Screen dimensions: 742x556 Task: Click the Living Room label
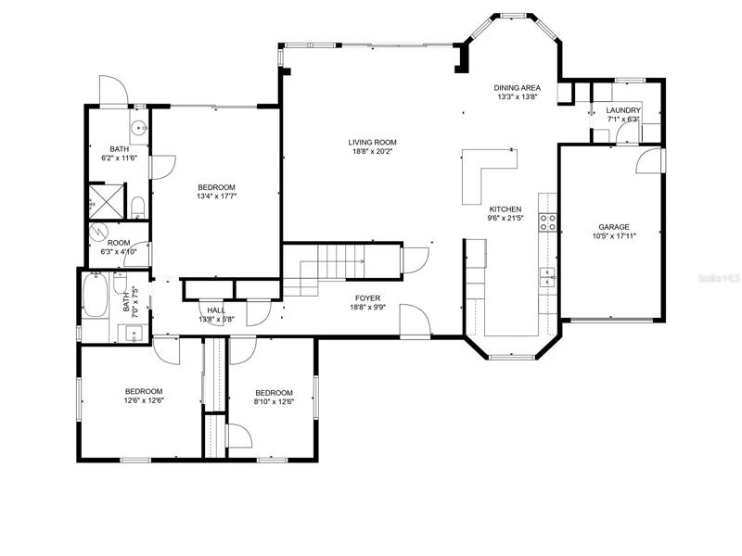click(373, 143)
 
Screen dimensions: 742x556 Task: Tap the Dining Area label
click(518, 88)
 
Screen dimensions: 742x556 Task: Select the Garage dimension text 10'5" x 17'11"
click(614, 236)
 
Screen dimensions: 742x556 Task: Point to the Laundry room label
click(623, 110)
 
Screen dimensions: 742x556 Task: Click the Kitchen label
click(505, 209)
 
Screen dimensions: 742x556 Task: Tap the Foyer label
click(367, 298)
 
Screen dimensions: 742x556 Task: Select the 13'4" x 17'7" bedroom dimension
click(216, 196)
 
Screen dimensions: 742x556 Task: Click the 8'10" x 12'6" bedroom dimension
click(274, 402)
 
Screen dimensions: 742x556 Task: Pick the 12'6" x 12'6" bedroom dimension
click(144, 400)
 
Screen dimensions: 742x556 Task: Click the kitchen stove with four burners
click(548, 222)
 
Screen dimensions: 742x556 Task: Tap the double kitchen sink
click(548, 277)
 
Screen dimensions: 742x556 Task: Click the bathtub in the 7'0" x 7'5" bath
click(95, 295)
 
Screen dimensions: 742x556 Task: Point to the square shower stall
click(107, 202)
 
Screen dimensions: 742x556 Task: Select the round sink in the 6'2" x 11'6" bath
click(138, 127)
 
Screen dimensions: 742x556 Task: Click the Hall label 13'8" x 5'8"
click(216, 315)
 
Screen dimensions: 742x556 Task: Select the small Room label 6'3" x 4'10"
click(119, 247)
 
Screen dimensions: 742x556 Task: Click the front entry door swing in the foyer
click(415, 320)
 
